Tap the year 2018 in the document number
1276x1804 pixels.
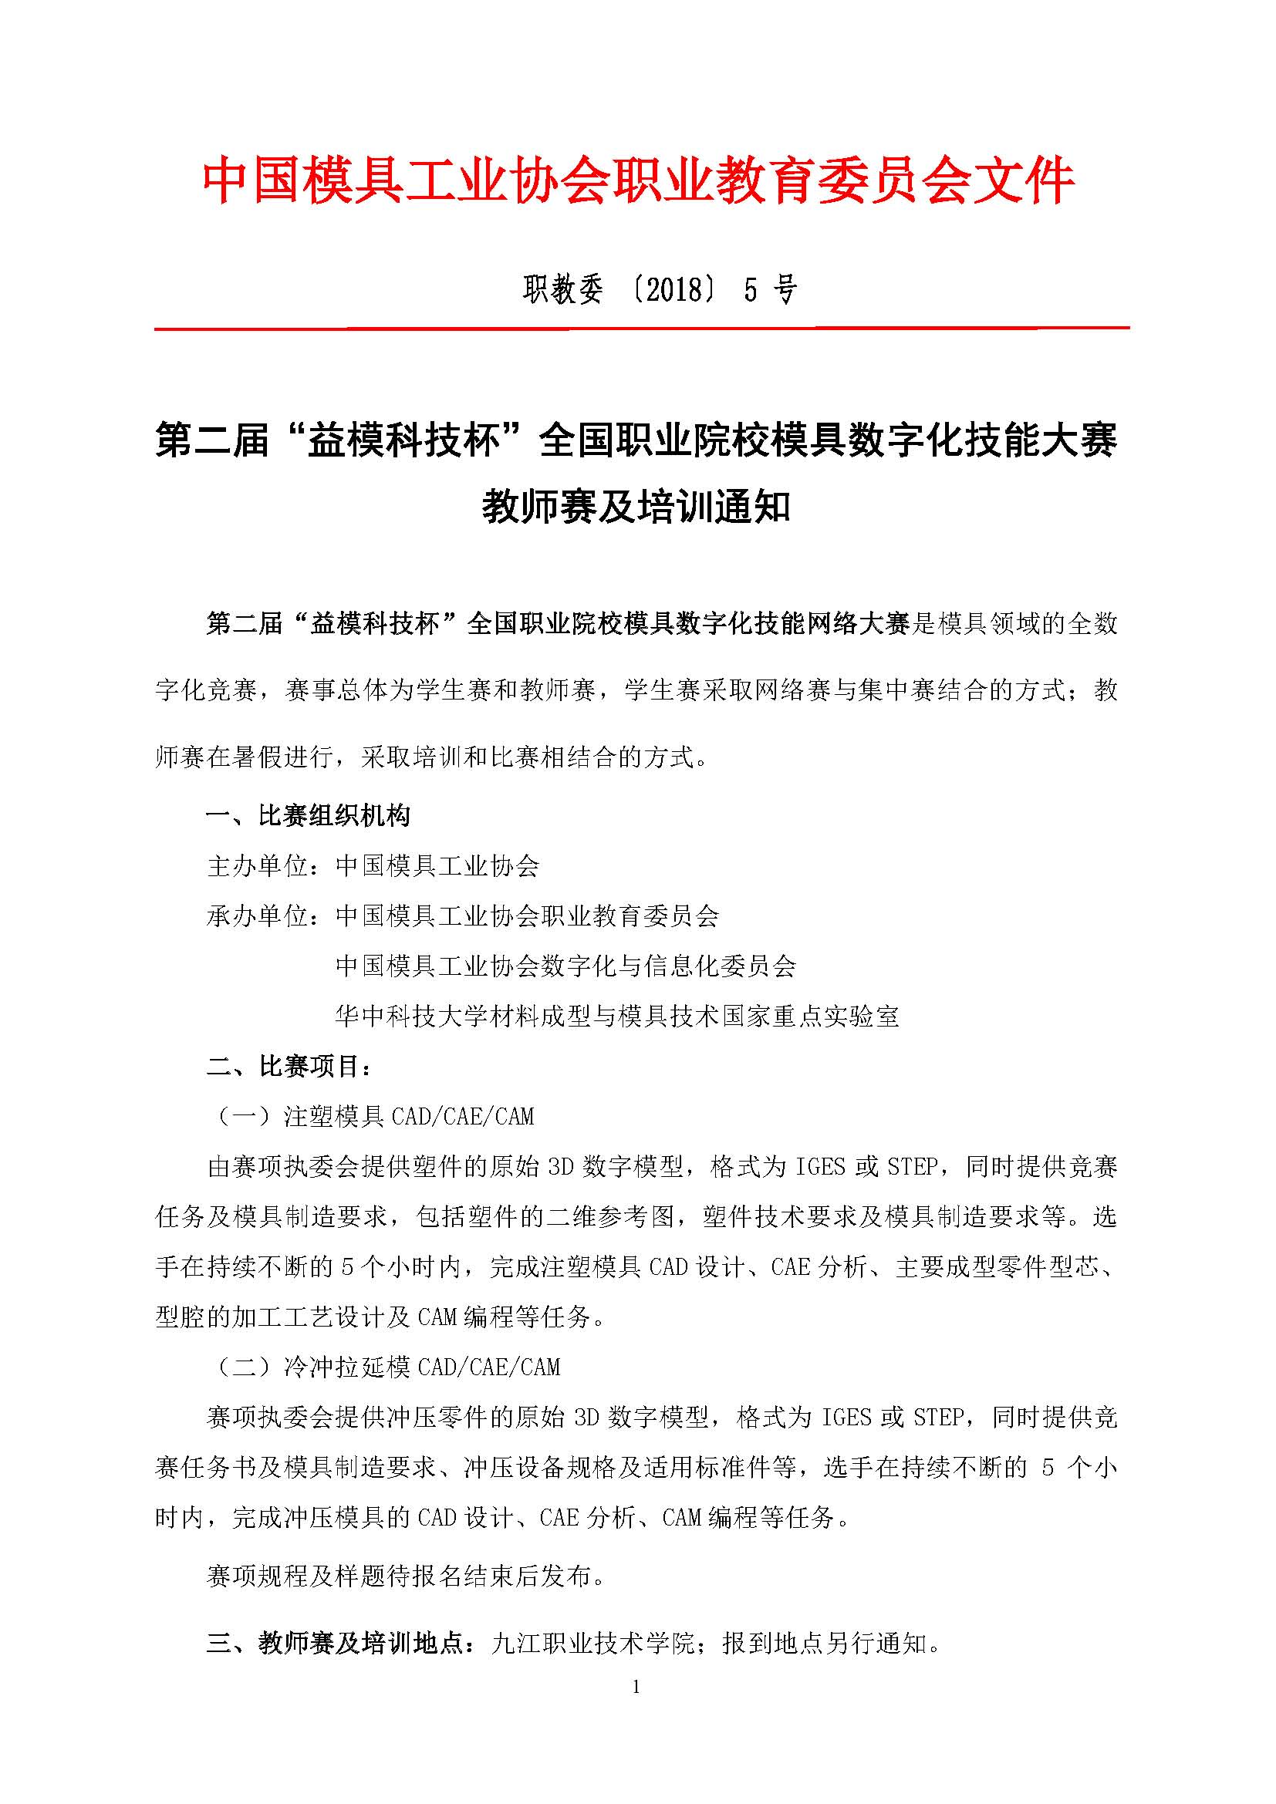click(x=675, y=291)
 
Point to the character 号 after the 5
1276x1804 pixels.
click(x=784, y=291)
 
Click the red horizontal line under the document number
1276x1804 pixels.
click(x=641, y=328)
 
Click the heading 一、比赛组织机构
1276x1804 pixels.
click(x=307, y=815)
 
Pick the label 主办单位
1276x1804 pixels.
click(x=258, y=866)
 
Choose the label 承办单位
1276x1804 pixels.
click(x=258, y=916)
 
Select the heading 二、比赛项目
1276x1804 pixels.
click(x=289, y=1067)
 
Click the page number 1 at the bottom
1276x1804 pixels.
click(x=636, y=1687)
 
